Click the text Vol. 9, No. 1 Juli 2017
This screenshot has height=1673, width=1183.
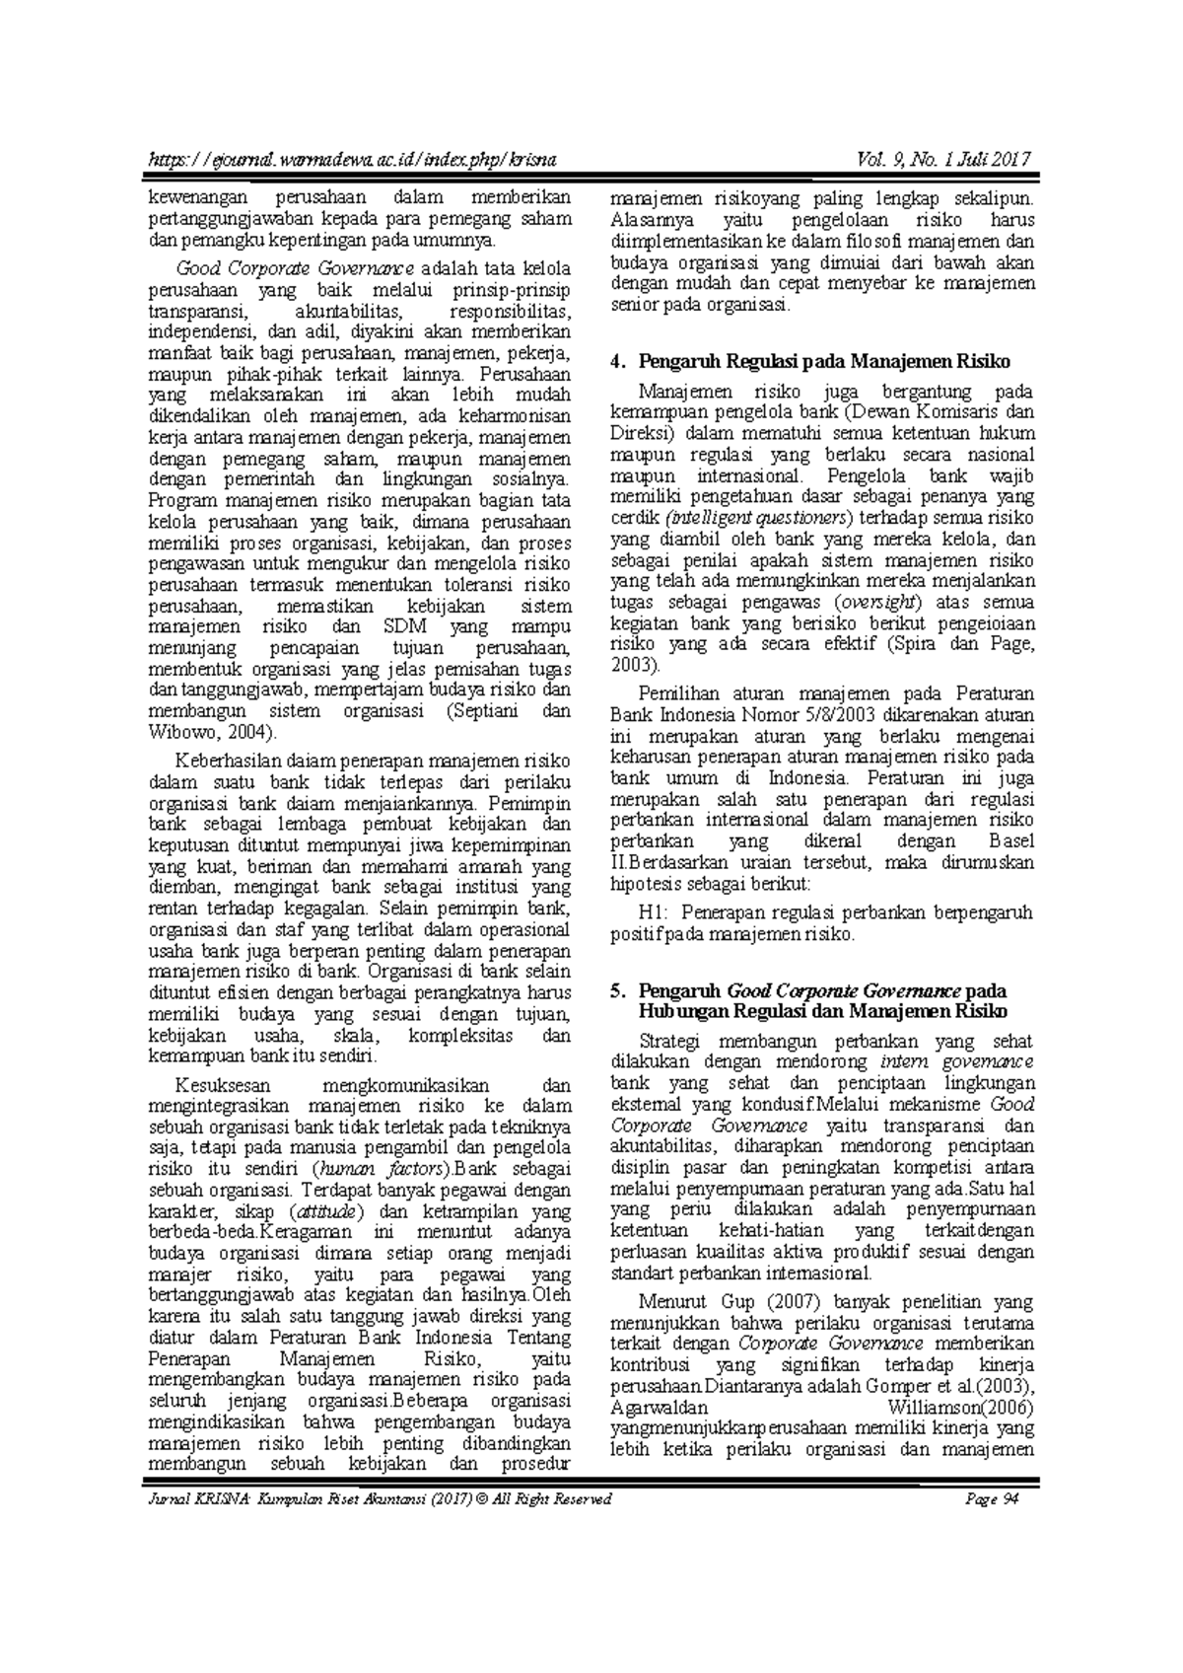tap(944, 160)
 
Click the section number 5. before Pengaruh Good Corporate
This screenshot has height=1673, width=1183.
tap(618, 990)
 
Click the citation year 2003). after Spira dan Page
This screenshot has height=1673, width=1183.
tap(632, 666)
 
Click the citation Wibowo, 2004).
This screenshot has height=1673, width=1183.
tap(213, 733)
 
